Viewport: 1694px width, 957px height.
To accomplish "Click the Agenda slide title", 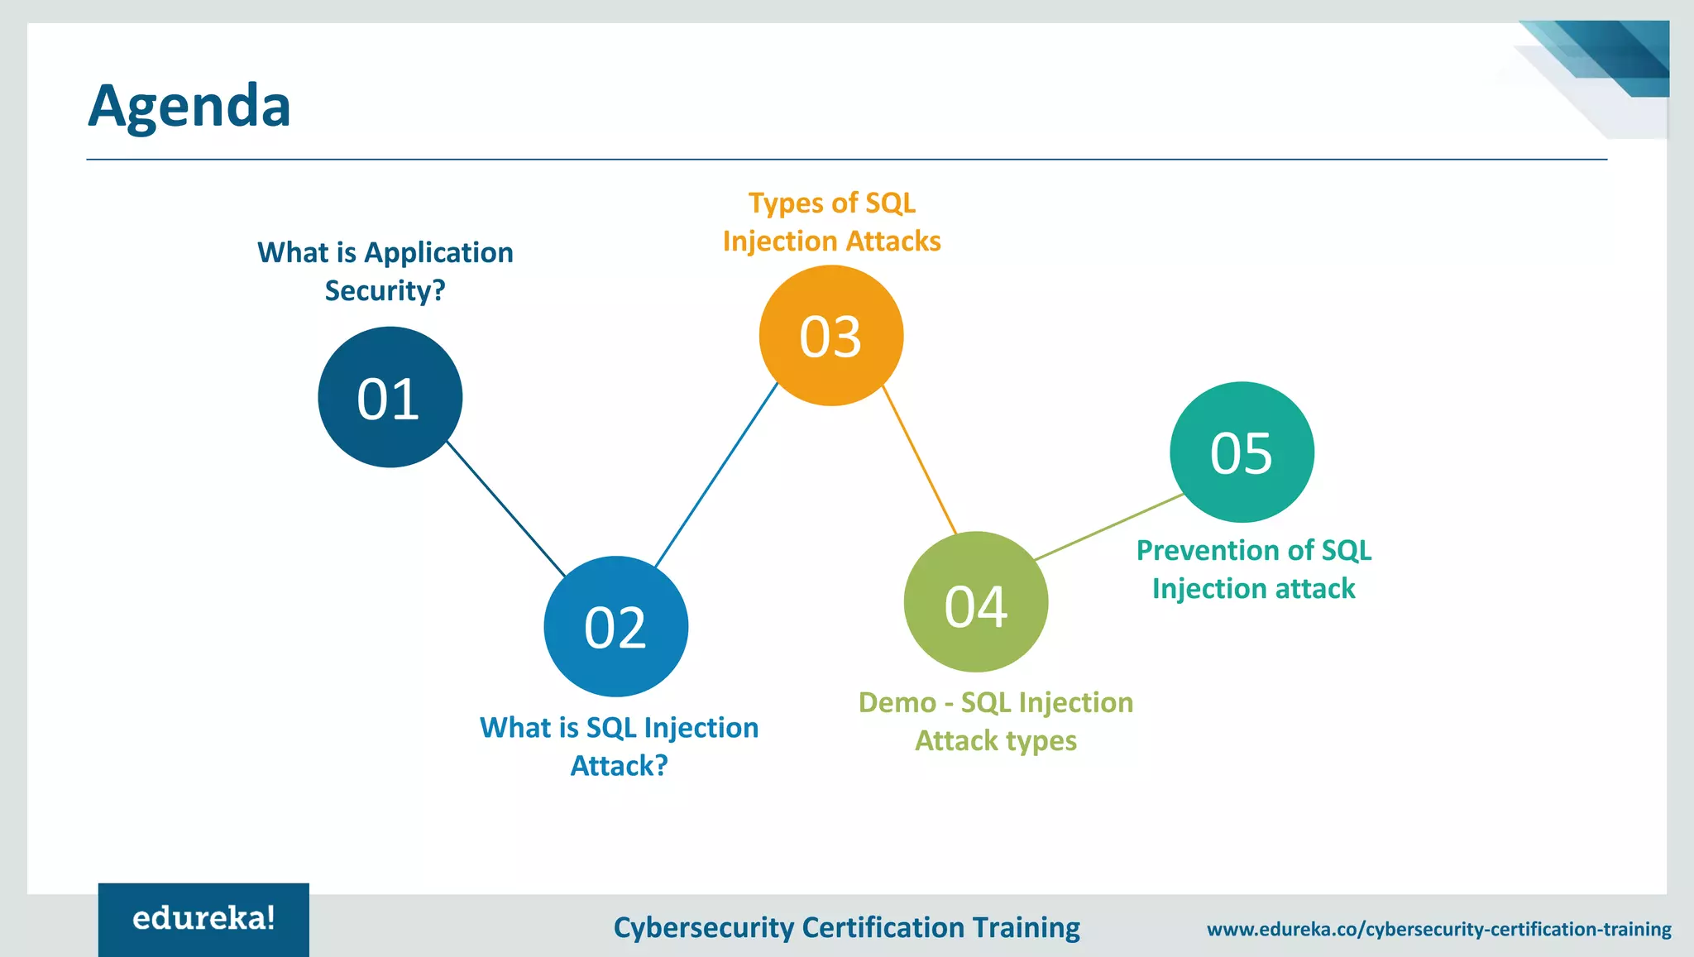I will (189, 106).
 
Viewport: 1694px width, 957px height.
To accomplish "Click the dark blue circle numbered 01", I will (390, 398).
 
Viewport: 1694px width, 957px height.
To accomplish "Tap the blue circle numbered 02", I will (615, 627).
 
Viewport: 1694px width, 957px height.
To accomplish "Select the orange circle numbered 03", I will (830, 336).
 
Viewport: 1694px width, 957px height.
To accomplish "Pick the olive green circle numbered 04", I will (975, 603).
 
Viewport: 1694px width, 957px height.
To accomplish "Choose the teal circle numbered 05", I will (1241, 452).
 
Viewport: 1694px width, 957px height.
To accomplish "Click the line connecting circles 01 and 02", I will (506, 509).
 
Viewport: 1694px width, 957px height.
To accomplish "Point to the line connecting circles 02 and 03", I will (716, 475).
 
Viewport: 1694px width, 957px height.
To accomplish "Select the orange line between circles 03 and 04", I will (920, 460).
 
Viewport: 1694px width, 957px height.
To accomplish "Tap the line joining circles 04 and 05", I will (1108, 528).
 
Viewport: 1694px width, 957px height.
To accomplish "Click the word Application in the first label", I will (438, 253).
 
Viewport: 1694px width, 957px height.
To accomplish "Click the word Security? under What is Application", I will (385, 291).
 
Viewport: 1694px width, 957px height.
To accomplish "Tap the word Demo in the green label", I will (897, 703).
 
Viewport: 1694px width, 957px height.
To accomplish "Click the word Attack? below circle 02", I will (619, 766).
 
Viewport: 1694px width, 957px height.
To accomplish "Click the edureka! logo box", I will (203, 919).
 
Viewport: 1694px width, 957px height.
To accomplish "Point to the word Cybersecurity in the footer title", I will (703, 928).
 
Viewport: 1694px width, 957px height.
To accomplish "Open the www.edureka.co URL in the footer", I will (1438, 929).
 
